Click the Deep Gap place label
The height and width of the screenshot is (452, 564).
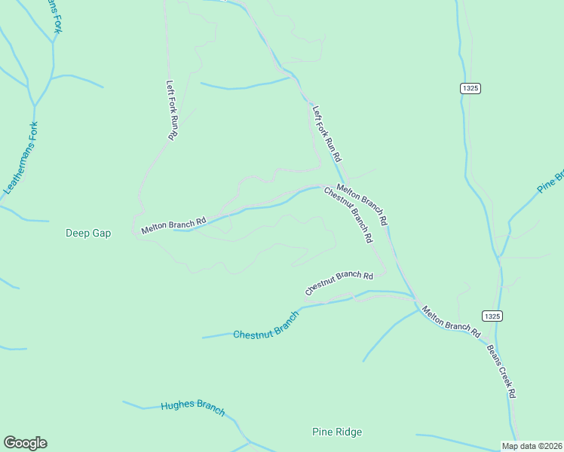pyautogui.click(x=87, y=234)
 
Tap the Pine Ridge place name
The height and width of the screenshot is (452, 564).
pyautogui.click(x=337, y=432)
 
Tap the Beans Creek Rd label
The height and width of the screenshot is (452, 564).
pyautogui.click(x=501, y=371)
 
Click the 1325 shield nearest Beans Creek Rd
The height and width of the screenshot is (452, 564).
pyautogui.click(x=491, y=316)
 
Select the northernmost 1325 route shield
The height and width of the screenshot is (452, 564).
pyautogui.click(x=470, y=88)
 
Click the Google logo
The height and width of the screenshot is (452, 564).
pyautogui.click(x=25, y=443)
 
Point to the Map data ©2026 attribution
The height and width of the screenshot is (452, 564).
pyautogui.click(x=531, y=445)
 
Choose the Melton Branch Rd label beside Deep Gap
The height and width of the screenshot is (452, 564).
pyautogui.click(x=173, y=224)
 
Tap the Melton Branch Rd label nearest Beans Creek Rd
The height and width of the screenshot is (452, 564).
pyautogui.click(x=451, y=320)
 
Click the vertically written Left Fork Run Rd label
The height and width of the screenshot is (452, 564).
pyautogui.click(x=171, y=110)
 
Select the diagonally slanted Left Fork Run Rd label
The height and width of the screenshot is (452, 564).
pyautogui.click(x=327, y=134)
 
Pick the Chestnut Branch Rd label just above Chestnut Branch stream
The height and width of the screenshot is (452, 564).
pyautogui.click(x=339, y=282)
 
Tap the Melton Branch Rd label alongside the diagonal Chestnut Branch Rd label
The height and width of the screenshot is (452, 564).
pyautogui.click(x=362, y=204)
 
